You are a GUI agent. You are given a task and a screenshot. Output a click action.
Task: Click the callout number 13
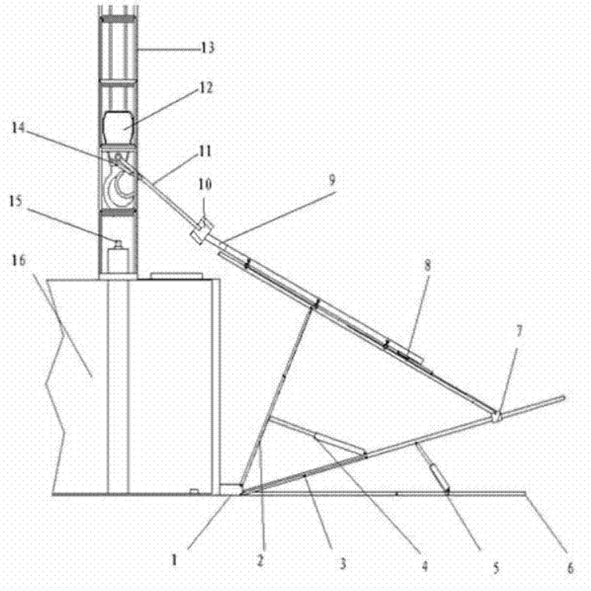click(208, 48)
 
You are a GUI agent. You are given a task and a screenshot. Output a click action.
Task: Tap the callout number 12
click(205, 88)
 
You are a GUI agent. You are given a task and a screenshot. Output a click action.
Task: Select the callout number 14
click(17, 128)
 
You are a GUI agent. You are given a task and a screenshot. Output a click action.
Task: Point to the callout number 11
click(205, 152)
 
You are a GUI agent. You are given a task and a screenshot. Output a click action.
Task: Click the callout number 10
click(205, 184)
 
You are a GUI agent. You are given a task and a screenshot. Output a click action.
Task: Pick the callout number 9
click(332, 180)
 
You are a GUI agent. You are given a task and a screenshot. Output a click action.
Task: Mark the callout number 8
click(427, 265)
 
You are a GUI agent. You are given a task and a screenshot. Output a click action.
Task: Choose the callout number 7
click(519, 331)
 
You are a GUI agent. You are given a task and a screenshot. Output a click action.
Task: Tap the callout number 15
click(16, 201)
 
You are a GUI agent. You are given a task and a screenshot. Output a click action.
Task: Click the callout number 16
click(18, 260)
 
